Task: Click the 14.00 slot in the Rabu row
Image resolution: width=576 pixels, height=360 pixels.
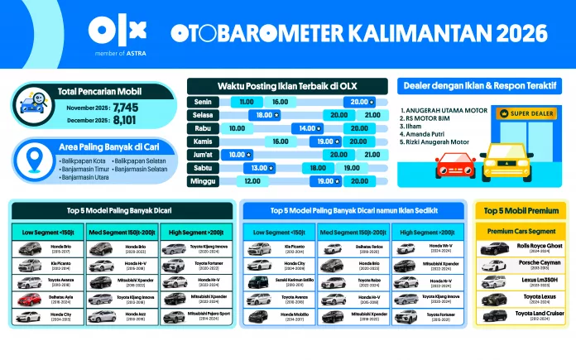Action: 307,128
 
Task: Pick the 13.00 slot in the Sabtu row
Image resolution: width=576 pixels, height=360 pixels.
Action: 257,167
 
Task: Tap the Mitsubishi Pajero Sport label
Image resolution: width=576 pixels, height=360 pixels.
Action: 209,315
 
